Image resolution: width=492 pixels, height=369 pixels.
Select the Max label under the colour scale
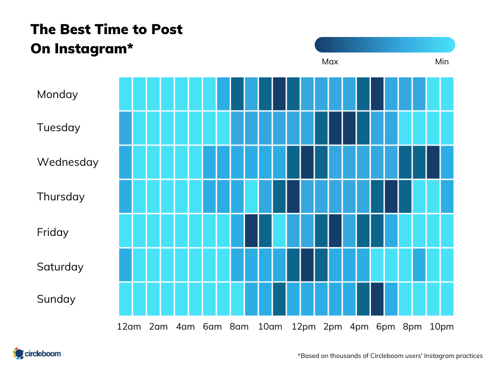pyautogui.click(x=330, y=61)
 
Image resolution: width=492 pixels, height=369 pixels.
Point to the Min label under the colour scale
pyautogui.click(x=442, y=61)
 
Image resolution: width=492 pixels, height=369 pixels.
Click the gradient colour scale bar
pyautogui.click(x=384, y=45)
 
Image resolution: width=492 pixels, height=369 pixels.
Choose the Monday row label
pyautogui.click(x=57, y=94)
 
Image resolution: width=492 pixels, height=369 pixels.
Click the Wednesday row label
pyautogui.click(x=67, y=162)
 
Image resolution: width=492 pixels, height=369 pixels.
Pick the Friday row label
pyautogui.click(x=52, y=232)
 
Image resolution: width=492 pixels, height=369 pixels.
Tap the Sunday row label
pyautogui.click(x=56, y=299)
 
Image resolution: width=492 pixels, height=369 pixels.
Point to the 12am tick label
pyautogui.click(x=129, y=327)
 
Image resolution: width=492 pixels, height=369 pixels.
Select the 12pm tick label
pyautogui.click(x=304, y=327)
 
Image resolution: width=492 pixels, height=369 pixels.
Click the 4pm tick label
pyautogui.click(x=359, y=327)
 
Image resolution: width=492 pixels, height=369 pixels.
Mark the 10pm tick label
pyautogui.click(x=442, y=327)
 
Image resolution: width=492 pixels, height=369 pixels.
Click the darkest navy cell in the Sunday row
pyautogui.click(x=377, y=299)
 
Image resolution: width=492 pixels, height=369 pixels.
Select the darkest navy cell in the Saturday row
pyautogui.click(x=307, y=265)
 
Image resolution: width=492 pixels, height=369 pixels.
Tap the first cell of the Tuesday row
pyautogui.click(x=125, y=128)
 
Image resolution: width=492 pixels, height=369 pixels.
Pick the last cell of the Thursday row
pyautogui.click(x=447, y=196)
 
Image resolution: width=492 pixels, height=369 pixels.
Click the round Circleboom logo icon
pyautogui.click(x=18, y=354)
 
